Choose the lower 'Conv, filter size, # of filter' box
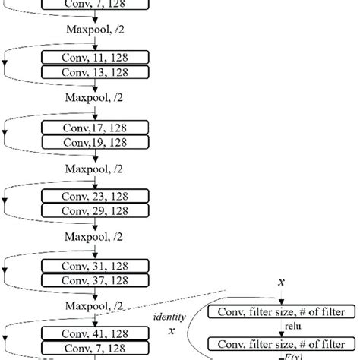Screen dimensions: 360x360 [x=279, y=343]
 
